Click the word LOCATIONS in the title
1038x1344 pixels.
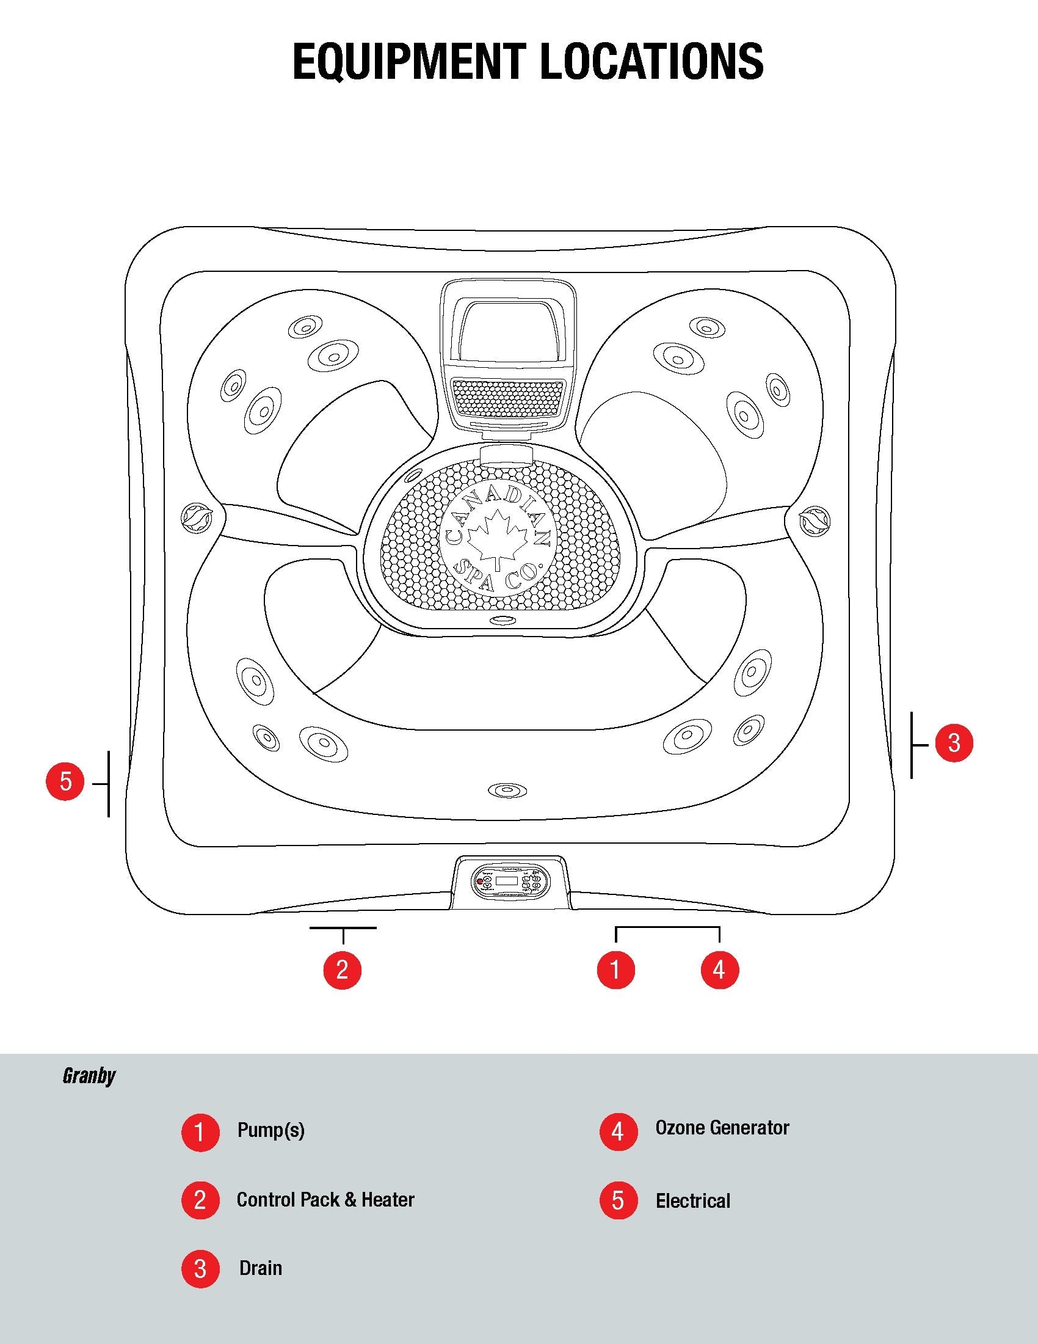click(652, 62)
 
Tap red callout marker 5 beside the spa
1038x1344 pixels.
click(65, 782)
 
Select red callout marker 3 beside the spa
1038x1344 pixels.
click(954, 743)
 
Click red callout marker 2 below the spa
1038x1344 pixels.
click(343, 970)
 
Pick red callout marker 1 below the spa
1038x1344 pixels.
click(615, 970)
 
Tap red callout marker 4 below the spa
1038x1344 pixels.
click(719, 970)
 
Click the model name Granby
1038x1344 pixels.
click(89, 1076)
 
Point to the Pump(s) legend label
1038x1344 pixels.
click(271, 1130)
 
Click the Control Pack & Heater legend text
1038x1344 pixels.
click(325, 1199)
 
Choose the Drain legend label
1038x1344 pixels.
click(261, 1268)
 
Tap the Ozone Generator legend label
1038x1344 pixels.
click(722, 1128)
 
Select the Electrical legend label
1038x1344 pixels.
click(692, 1200)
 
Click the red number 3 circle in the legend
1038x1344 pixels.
click(200, 1269)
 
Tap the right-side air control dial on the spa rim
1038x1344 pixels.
click(814, 520)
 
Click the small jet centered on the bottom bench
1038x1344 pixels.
click(507, 789)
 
